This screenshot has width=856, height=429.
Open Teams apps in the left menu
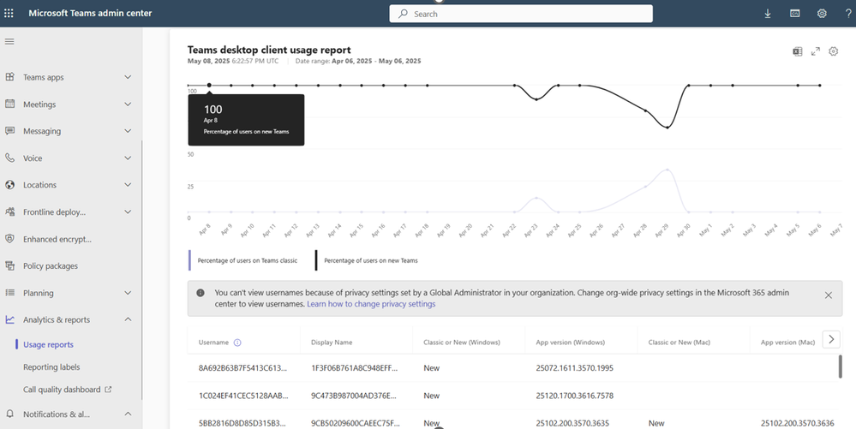click(x=44, y=77)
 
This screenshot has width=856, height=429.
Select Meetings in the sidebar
click(x=39, y=104)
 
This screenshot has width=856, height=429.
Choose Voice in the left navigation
click(x=33, y=158)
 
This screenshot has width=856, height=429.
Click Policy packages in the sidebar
click(x=50, y=266)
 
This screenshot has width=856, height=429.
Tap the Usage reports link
click(x=48, y=344)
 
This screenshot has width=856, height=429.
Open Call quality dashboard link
click(x=62, y=390)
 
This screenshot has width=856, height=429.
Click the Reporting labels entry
click(x=51, y=367)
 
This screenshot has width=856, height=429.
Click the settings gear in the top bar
click(x=822, y=14)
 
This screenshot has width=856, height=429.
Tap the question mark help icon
click(x=847, y=14)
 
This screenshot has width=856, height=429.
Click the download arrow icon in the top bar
click(x=768, y=14)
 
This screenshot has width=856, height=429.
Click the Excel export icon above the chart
click(x=797, y=51)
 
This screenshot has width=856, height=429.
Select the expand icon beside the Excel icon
click(x=816, y=51)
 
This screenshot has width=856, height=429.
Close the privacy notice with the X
click(x=828, y=295)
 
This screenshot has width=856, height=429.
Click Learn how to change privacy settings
click(x=371, y=304)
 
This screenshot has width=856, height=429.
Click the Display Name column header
click(x=332, y=343)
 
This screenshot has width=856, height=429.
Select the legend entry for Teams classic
click(x=247, y=260)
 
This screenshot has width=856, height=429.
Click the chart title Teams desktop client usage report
click(x=269, y=50)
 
